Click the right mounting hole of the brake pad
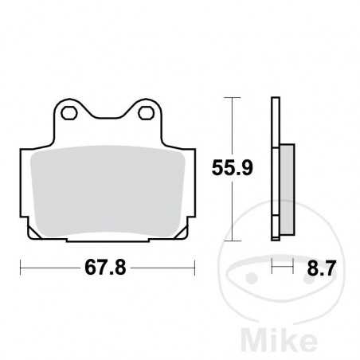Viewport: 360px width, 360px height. [x=146, y=114]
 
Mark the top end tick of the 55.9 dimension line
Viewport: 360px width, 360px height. [x=232, y=97]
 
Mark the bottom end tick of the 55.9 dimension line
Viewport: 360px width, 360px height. [x=232, y=238]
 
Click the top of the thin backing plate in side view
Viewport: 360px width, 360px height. [x=276, y=100]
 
